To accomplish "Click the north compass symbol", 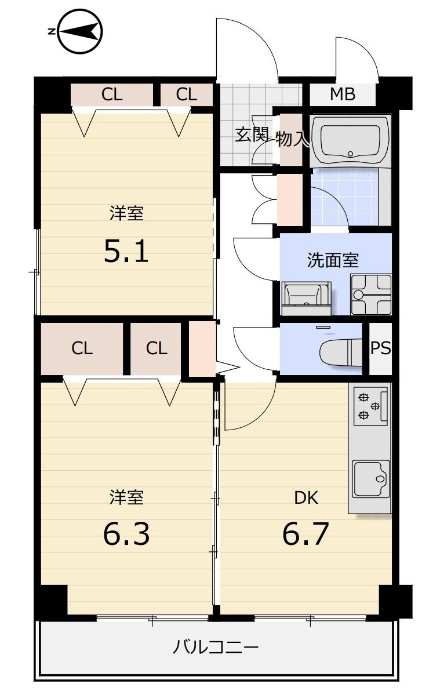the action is [x=76, y=31].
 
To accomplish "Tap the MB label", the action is [x=343, y=93].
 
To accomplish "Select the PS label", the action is [x=380, y=348].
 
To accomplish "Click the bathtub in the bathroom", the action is [x=350, y=140].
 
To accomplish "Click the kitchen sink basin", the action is [x=371, y=479].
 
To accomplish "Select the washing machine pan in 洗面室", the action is [x=371, y=295].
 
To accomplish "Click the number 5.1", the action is [x=126, y=250].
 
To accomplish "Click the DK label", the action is [x=306, y=497].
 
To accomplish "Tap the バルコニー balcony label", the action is [x=216, y=647].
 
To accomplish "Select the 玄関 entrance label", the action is [x=252, y=134].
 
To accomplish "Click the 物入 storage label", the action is [x=292, y=139].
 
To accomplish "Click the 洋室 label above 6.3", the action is [x=126, y=497].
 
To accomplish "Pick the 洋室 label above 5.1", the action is [x=126, y=213].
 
